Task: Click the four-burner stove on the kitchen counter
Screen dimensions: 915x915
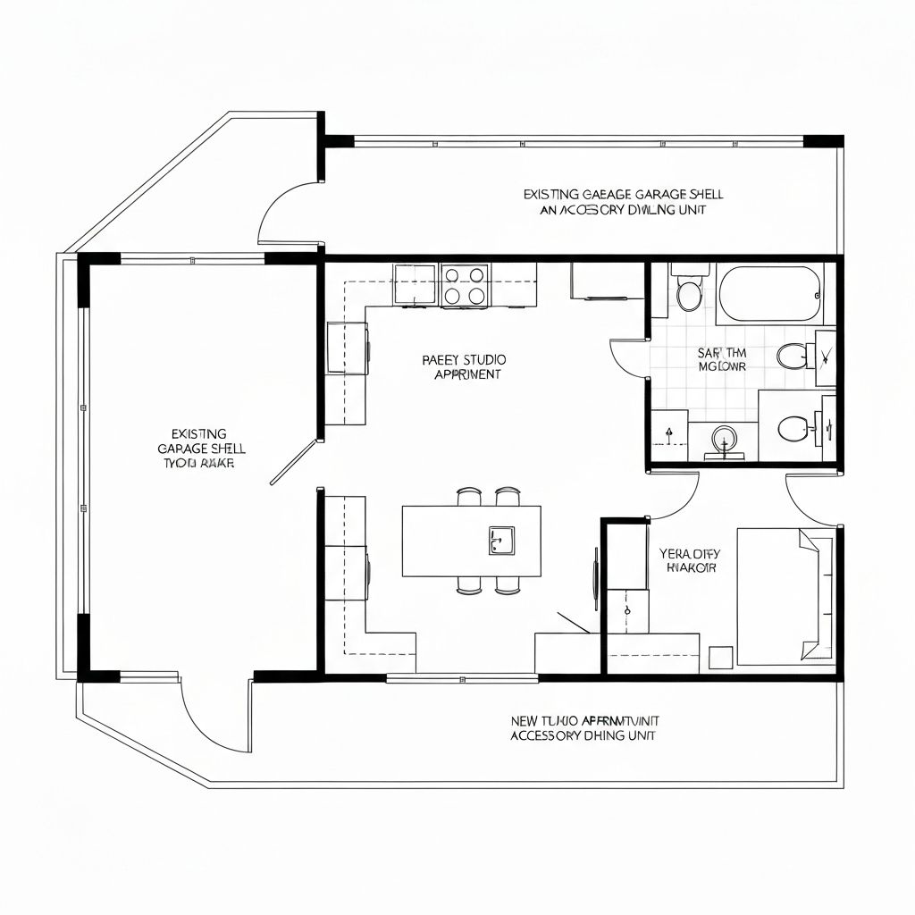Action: pos(465,285)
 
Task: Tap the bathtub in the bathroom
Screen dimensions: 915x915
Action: pos(769,294)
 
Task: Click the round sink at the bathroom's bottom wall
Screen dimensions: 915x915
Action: pos(724,439)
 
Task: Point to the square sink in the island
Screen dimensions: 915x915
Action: pos(501,540)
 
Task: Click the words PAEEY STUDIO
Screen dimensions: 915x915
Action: pos(464,359)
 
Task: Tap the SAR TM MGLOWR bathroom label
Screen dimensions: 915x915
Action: pos(721,359)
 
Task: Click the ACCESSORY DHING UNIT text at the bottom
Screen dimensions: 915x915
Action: pos(583,735)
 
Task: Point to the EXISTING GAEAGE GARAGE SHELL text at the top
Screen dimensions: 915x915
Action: pos(623,194)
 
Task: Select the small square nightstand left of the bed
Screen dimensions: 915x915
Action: pos(720,657)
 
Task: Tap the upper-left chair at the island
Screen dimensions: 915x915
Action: pos(469,496)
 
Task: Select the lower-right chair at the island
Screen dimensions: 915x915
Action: pos(508,585)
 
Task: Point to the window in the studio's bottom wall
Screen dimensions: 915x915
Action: pos(462,678)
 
